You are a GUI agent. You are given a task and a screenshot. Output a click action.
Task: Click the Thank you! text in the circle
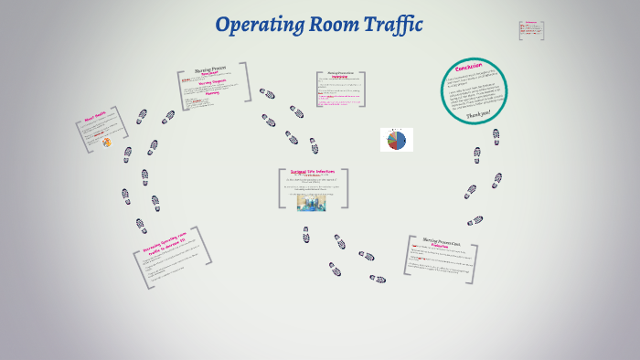(x=479, y=115)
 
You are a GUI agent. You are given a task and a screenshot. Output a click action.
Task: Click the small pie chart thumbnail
(x=397, y=140)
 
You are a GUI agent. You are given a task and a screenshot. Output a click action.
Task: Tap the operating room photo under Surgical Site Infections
(x=311, y=202)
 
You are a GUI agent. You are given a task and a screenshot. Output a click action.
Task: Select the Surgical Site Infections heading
(x=313, y=172)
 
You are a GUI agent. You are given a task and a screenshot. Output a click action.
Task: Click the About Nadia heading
(x=95, y=116)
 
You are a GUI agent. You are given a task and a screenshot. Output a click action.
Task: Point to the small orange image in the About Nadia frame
(x=106, y=142)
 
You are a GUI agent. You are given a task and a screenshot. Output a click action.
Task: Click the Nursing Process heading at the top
(x=211, y=69)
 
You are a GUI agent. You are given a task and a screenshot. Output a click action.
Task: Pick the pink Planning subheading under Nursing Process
(x=212, y=92)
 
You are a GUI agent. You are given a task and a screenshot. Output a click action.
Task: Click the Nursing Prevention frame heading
(x=333, y=74)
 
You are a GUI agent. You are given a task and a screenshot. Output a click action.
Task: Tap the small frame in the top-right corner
(x=531, y=30)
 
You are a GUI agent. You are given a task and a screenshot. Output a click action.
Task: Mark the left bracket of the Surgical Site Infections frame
(x=281, y=188)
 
